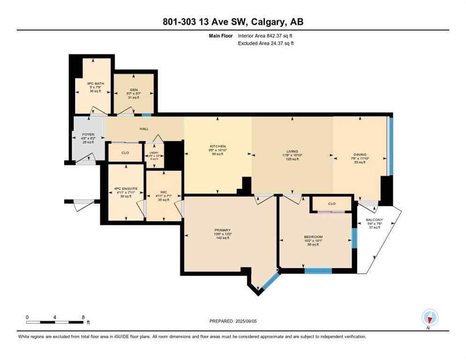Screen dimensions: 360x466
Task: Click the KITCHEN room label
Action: tap(218, 146)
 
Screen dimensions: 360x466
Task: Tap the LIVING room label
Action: tap(293, 151)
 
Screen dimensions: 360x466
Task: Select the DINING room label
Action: tap(360, 154)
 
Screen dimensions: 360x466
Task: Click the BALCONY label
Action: tap(375, 220)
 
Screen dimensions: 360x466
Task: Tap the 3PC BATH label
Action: tap(95, 83)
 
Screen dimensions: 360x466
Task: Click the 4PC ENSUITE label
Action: tap(126, 189)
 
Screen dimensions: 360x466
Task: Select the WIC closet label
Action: tap(163, 192)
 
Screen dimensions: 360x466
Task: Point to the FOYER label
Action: tap(88, 135)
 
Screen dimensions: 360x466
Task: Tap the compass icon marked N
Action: tap(429, 318)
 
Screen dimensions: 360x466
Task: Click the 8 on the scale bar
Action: tap(83, 317)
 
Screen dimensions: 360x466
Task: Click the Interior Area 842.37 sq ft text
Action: tap(266, 36)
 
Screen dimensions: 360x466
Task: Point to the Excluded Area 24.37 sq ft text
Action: tap(266, 44)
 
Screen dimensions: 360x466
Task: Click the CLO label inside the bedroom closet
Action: tap(331, 204)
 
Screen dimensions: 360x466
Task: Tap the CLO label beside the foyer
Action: tap(125, 153)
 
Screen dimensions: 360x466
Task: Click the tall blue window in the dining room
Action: tap(390, 145)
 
